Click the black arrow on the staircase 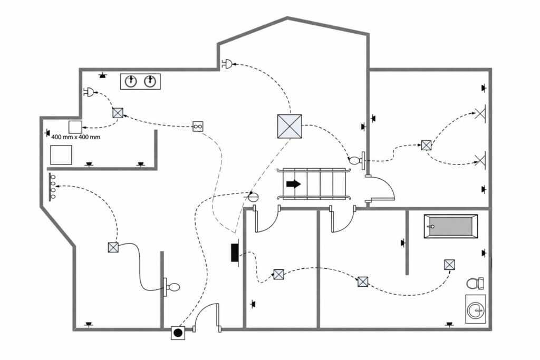point(293,184)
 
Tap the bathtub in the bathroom point(451,226)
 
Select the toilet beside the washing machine point(475,283)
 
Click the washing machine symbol point(476,309)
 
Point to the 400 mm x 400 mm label point(76,137)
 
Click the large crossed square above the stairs point(290,127)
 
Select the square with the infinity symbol point(198,127)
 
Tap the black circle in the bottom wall point(178,333)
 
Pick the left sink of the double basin point(131,81)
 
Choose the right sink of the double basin point(150,81)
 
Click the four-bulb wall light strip point(52,187)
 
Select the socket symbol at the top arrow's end point(227,64)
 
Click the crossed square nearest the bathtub point(449,265)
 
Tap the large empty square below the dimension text point(61,155)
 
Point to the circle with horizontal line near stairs point(253,197)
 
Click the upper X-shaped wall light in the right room point(480,113)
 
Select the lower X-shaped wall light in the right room point(480,160)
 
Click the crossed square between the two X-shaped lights point(426,145)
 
